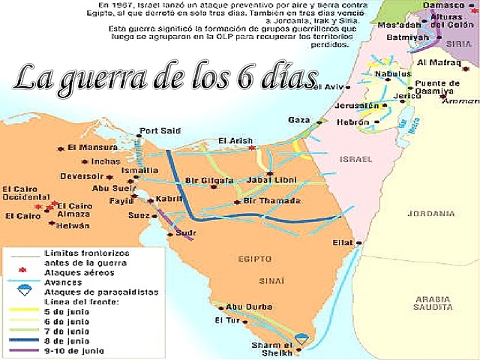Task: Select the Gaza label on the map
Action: [298, 120]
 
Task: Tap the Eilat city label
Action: [342, 242]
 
